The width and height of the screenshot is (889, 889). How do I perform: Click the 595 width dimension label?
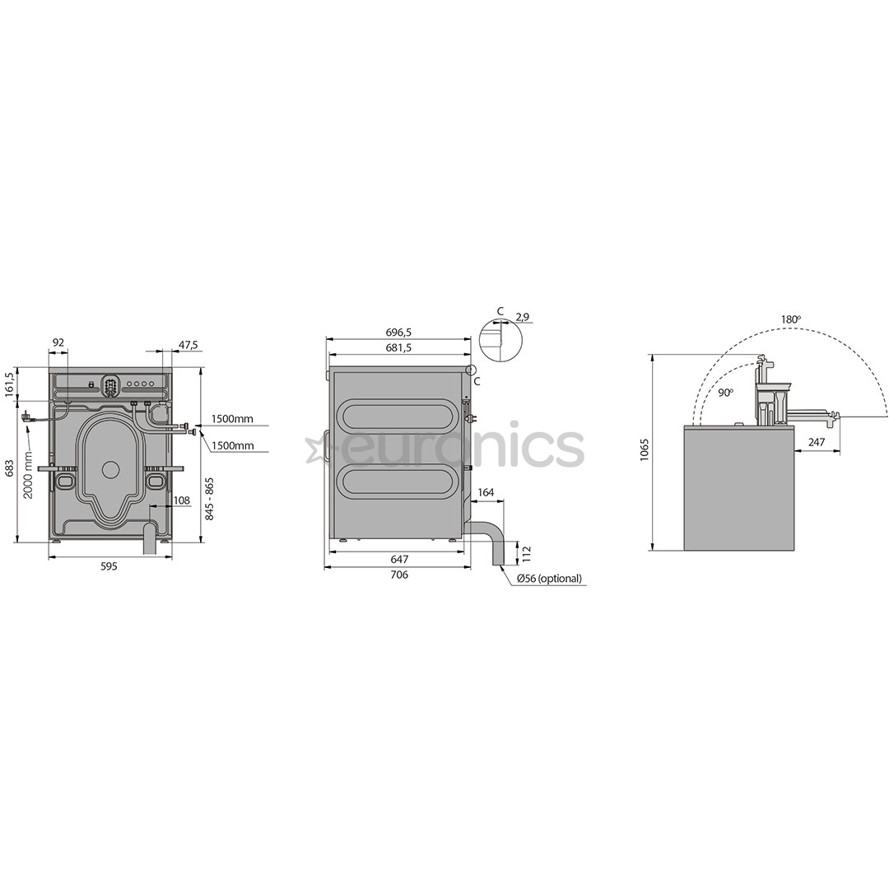109,566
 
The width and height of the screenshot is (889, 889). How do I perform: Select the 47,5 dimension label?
189,345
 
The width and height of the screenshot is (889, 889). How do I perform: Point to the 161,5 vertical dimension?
10,385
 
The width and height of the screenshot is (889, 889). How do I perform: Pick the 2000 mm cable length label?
29,477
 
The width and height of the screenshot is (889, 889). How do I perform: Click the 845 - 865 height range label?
210,499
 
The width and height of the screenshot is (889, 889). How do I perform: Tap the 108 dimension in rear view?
181,500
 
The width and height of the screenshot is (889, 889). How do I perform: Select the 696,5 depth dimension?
398,332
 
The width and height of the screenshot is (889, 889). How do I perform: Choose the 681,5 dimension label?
398,348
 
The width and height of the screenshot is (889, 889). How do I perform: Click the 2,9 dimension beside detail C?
522,316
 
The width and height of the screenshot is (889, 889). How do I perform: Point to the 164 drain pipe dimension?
486,493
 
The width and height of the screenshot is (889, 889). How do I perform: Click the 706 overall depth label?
398,575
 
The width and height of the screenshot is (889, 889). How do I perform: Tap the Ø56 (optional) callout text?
549,579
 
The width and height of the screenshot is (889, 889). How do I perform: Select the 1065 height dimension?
645,449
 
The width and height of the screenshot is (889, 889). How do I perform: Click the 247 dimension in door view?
816,442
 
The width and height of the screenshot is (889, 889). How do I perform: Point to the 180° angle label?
791,319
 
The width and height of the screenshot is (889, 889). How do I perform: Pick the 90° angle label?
724,393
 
